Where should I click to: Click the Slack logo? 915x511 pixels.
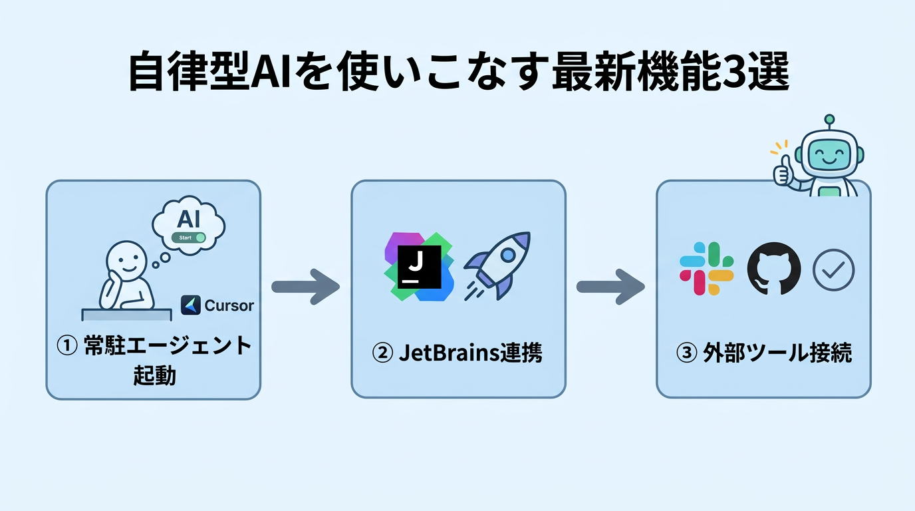click(x=706, y=268)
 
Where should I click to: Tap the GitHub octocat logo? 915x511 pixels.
click(x=773, y=269)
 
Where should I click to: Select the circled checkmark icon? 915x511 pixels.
click(x=833, y=269)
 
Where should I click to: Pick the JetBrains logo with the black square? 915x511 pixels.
click(x=419, y=267)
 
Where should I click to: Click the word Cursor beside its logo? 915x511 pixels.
click(x=229, y=305)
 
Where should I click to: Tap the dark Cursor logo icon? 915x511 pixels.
click(x=191, y=305)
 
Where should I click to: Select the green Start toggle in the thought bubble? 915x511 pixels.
click(x=189, y=238)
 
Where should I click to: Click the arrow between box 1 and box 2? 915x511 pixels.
click(x=305, y=287)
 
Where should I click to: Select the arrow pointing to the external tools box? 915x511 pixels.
click(x=610, y=287)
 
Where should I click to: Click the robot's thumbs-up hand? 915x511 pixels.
click(x=782, y=170)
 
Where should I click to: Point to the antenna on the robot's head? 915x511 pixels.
click(x=829, y=120)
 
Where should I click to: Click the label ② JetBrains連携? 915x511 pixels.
click(x=457, y=353)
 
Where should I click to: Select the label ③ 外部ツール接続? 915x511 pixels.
click(x=763, y=353)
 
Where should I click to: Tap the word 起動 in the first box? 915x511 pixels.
click(x=154, y=375)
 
